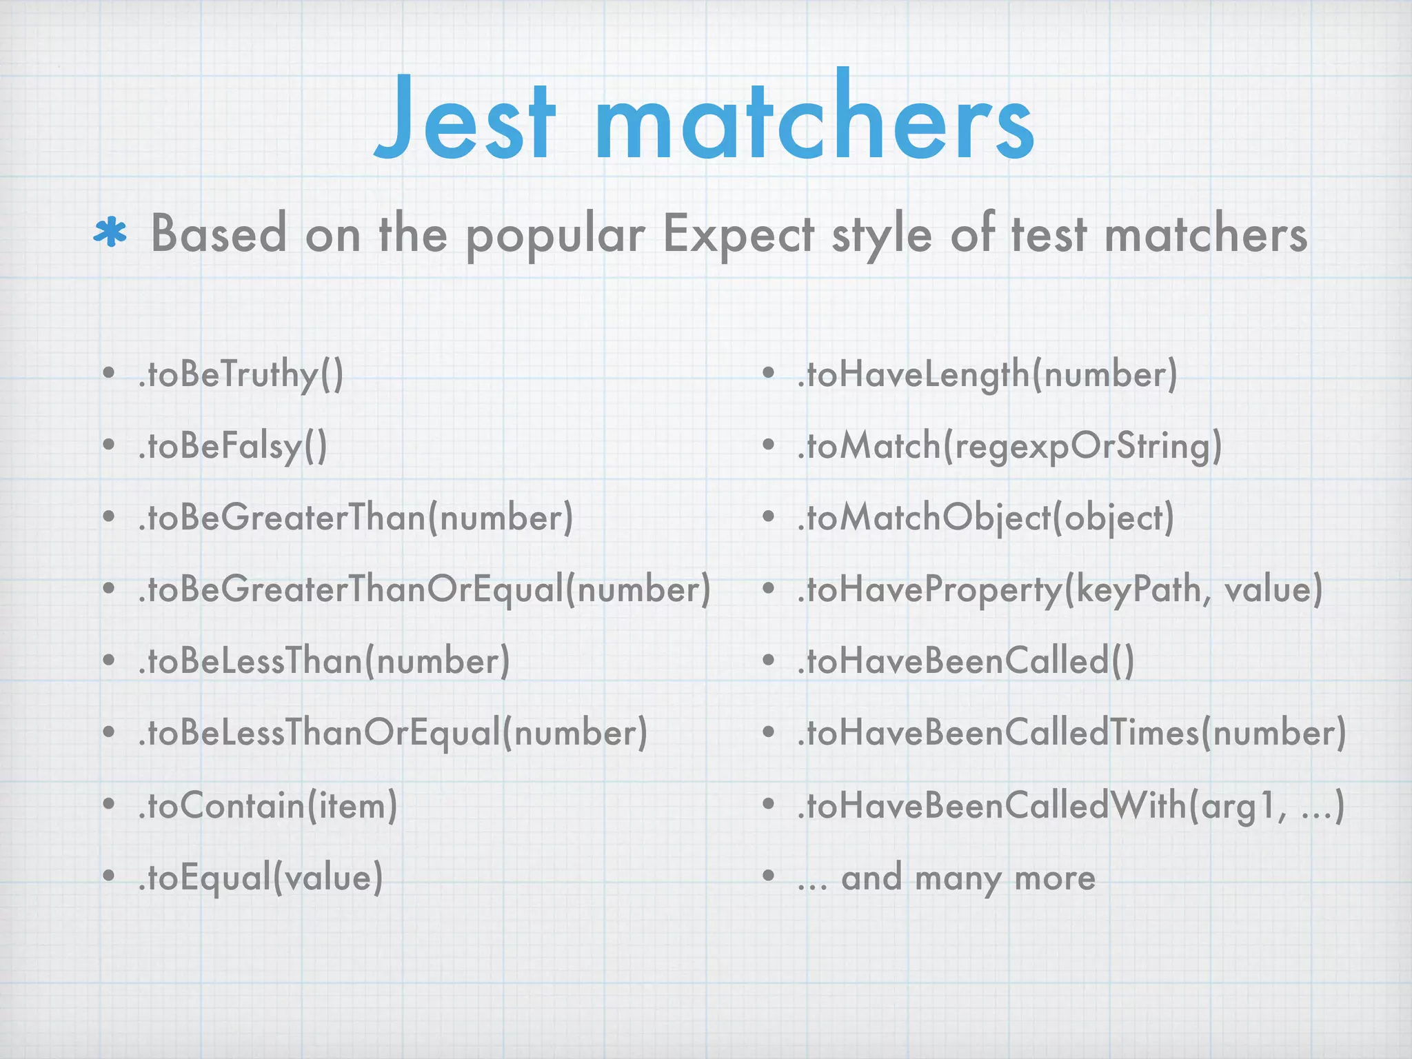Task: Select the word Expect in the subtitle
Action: tap(738, 234)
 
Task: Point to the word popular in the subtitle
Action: tap(556, 236)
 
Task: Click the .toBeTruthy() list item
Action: tap(241, 376)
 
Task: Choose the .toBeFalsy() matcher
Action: tap(232, 447)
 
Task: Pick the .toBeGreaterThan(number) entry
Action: tap(355, 518)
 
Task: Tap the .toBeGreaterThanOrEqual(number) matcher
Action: tap(424, 590)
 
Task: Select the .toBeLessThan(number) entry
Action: tap(323, 661)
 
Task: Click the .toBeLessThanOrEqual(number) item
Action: tap(392, 733)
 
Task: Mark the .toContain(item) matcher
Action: tap(268, 805)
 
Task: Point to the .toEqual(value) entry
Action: tap(260, 878)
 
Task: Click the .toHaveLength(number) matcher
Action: tap(987, 376)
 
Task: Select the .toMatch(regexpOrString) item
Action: tap(1009, 447)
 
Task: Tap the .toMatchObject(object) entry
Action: tap(985, 518)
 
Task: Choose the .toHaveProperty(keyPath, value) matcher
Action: tap(1060, 590)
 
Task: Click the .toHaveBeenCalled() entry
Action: tap(965, 661)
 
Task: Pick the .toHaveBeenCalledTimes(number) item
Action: tap(1071, 733)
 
